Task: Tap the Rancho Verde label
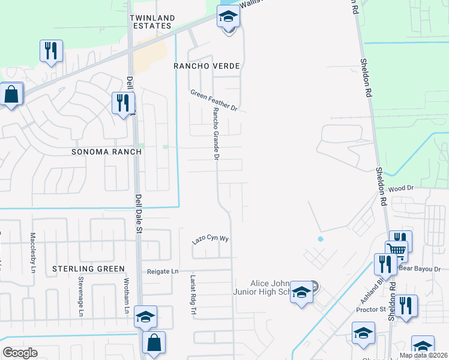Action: pos(206,65)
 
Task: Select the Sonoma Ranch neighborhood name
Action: pos(106,152)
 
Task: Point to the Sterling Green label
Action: pos(88,268)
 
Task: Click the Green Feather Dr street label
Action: pos(214,100)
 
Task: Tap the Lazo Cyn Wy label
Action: pos(211,238)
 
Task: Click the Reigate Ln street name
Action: pos(163,272)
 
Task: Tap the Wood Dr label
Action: pos(402,188)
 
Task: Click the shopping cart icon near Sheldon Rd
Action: pos(396,250)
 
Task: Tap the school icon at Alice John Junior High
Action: pos(302,292)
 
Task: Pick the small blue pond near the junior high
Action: pos(320,239)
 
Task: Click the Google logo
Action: pos(20,353)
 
